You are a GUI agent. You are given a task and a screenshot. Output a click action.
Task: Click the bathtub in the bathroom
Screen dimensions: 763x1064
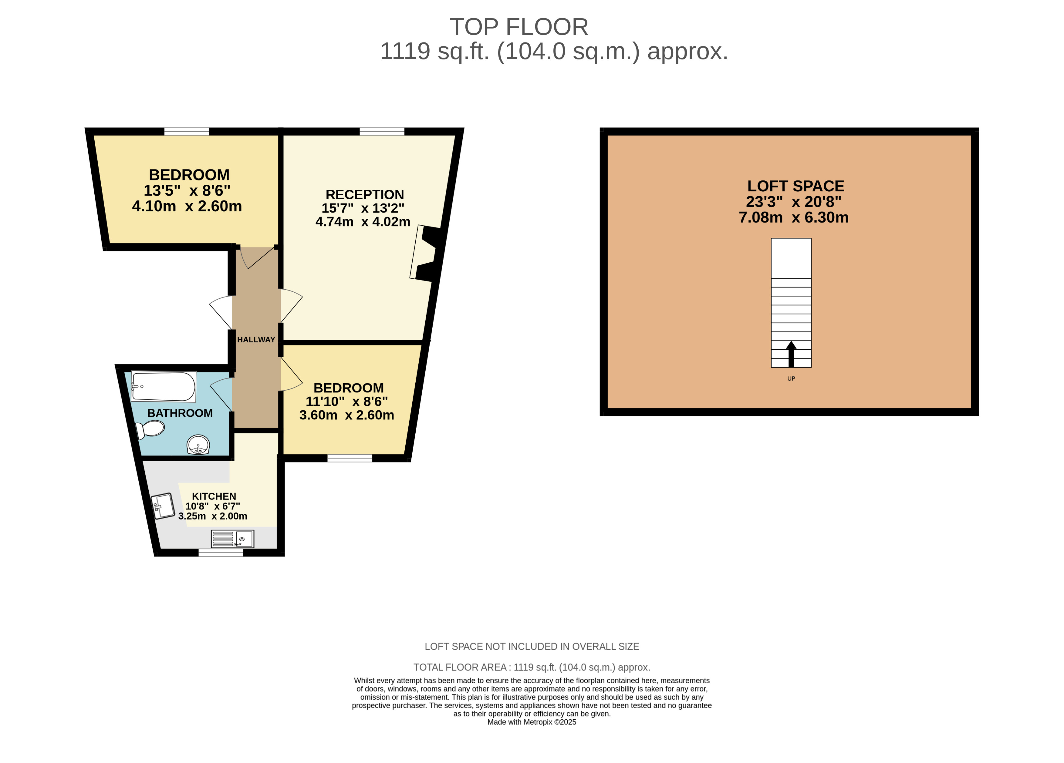(x=163, y=387)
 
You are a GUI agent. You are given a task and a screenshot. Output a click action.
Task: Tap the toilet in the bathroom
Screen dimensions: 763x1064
(x=150, y=429)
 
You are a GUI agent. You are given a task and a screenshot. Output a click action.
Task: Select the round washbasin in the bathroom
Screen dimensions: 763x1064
(x=198, y=445)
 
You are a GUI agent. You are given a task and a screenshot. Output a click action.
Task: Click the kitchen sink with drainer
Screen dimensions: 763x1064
(x=233, y=539)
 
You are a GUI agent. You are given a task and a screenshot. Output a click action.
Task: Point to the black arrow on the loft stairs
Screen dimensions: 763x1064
(x=791, y=354)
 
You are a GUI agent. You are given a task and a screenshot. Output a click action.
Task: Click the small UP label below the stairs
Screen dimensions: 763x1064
(x=791, y=378)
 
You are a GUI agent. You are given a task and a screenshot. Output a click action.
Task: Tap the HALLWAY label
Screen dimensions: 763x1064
(x=256, y=340)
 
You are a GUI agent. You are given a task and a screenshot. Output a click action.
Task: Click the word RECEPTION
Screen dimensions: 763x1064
(x=364, y=195)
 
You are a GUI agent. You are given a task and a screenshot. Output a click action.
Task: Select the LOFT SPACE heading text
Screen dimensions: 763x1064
(x=796, y=186)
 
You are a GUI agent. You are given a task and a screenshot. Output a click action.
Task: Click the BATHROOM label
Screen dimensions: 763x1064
(x=180, y=413)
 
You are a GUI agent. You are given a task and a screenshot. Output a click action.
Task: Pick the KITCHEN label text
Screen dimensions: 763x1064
(x=214, y=496)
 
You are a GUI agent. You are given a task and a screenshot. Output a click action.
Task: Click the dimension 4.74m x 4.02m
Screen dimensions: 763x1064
(x=363, y=222)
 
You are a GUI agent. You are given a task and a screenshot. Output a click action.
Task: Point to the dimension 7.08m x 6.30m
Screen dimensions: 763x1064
(x=794, y=218)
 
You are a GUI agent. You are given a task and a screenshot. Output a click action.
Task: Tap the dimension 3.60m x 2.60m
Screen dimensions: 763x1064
(x=347, y=415)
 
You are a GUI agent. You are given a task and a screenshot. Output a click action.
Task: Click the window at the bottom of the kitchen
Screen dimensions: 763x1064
(x=221, y=553)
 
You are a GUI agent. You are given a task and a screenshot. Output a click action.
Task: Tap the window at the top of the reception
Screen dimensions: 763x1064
(x=382, y=131)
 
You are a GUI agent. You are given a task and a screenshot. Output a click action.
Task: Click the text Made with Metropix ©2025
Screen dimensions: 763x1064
(x=532, y=722)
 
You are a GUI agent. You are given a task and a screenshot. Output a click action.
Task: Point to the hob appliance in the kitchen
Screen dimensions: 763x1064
(x=164, y=506)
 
